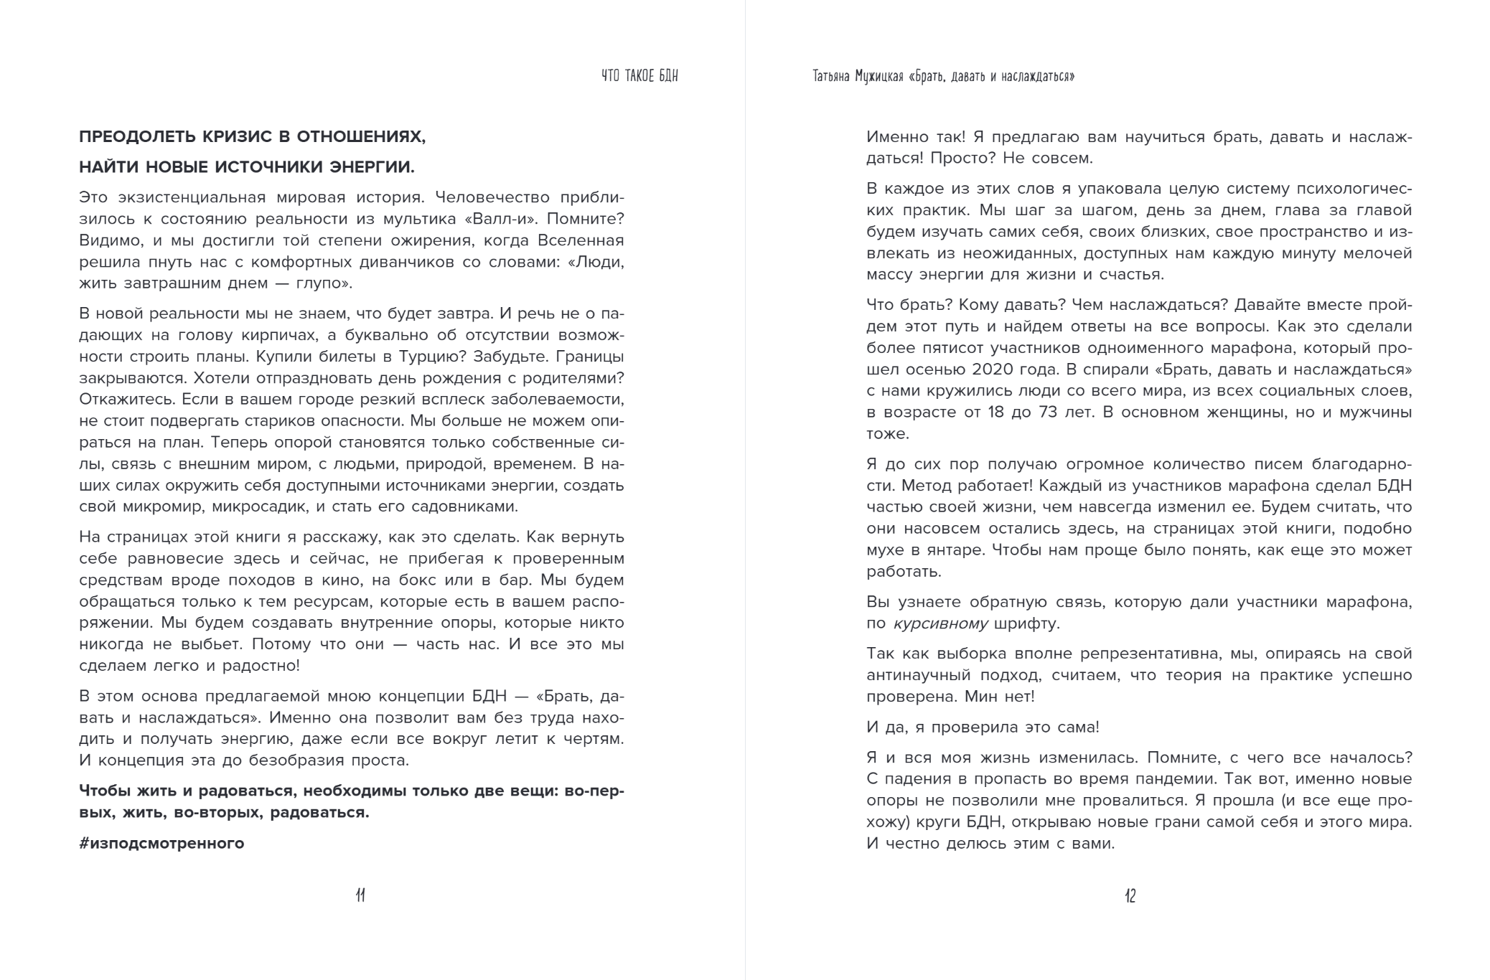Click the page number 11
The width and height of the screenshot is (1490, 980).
(x=360, y=895)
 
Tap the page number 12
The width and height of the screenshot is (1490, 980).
(x=1130, y=895)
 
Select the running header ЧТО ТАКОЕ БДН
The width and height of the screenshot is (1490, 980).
(x=639, y=76)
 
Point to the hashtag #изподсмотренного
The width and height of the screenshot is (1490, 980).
(x=161, y=843)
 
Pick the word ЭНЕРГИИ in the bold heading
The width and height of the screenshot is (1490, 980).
(x=372, y=167)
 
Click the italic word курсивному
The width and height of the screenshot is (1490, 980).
(x=940, y=623)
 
